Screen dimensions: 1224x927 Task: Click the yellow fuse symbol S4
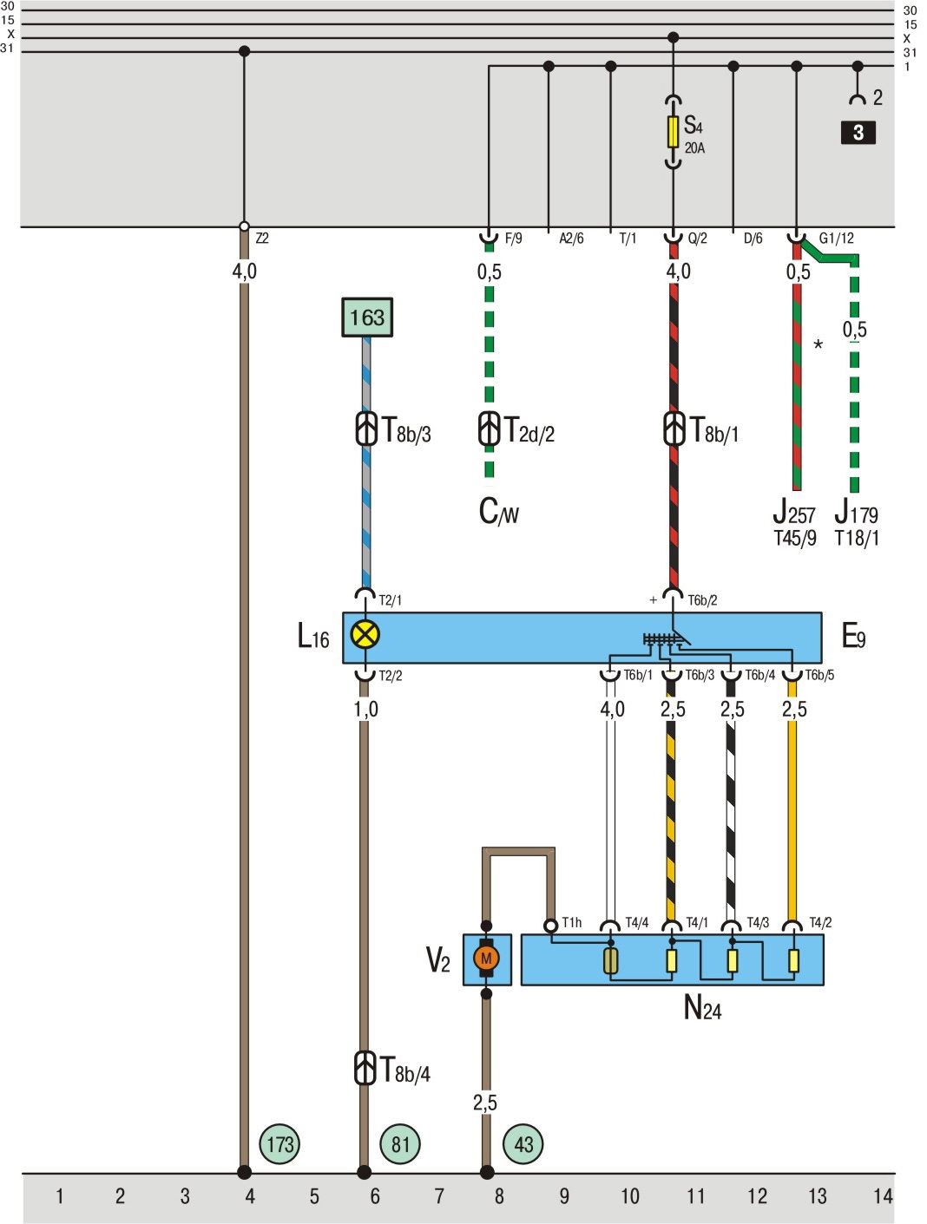tap(673, 132)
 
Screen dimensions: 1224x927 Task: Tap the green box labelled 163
tap(367, 317)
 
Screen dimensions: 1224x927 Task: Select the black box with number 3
tap(858, 133)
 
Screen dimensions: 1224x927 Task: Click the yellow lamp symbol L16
tap(365, 635)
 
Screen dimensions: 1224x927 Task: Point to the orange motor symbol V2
tap(486, 959)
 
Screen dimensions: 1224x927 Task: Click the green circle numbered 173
tap(279, 1144)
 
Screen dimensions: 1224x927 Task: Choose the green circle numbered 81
tap(400, 1144)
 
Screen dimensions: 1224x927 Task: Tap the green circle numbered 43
tap(523, 1144)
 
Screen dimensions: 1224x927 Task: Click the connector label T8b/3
tap(406, 431)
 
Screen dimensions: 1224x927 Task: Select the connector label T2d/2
tap(529, 431)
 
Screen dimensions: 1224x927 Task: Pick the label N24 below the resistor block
tap(702, 1008)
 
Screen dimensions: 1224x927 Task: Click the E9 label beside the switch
tap(853, 638)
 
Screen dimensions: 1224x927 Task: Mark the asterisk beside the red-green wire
tap(818, 346)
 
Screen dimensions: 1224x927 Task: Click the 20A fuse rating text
tap(694, 148)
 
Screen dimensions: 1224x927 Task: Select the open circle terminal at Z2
tap(244, 227)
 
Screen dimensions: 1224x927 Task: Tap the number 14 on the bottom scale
tap(882, 1197)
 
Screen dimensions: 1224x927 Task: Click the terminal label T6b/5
tap(819, 675)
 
